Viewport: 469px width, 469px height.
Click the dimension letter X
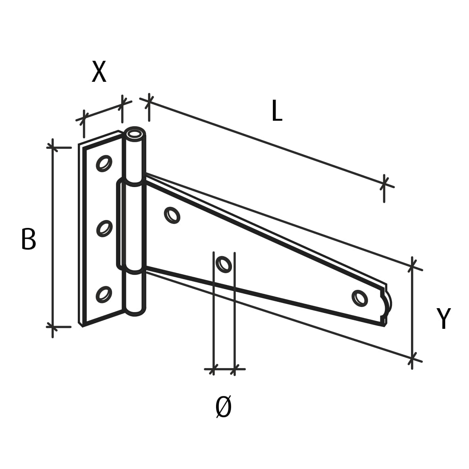[99, 71]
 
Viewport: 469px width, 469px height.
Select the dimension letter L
[277, 110]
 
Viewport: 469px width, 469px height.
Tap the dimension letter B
[29, 239]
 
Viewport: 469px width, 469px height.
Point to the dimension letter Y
[443, 318]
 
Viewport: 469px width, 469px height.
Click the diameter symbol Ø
[224, 407]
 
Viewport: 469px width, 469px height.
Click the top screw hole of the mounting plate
[104, 163]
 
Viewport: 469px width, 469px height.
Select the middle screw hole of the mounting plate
[104, 228]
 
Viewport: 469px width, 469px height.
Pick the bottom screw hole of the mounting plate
[104, 294]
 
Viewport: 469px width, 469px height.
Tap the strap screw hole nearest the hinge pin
[172, 215]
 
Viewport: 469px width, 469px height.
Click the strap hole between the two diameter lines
[224, 264]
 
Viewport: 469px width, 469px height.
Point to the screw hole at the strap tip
[360, 298]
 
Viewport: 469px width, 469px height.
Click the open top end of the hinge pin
[135, 134]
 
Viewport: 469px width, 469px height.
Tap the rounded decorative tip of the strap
[387, 305]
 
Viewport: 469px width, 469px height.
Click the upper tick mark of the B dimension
[53, 147]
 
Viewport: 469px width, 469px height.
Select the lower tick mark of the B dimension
[53, 326]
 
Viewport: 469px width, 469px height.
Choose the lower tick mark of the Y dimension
[412, 358]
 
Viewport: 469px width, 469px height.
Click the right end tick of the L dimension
[384, 183]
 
